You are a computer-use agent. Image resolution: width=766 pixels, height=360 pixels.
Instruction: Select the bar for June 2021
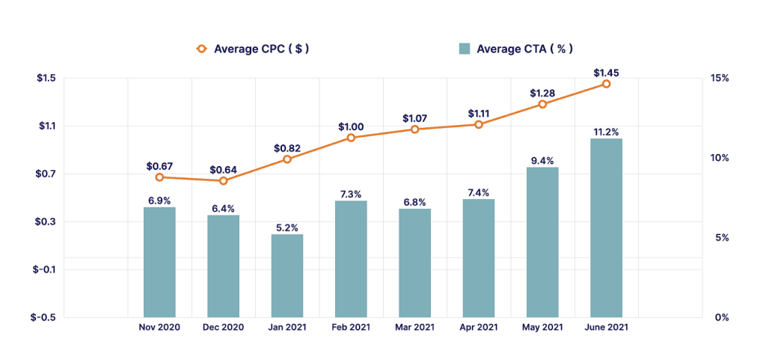coord(606,228)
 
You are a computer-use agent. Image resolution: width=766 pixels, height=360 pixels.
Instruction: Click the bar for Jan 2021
coord(287,275)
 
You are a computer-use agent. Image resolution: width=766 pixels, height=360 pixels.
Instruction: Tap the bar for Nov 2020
coord(159,262)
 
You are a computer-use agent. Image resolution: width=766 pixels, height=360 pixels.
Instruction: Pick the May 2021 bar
coord(542,242)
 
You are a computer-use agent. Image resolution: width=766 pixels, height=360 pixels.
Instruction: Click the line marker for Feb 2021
coord(351,138)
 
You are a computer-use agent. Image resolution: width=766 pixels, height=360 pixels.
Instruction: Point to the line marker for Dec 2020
coord(223,180)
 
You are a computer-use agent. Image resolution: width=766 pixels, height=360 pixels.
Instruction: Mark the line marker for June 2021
coord(606,84)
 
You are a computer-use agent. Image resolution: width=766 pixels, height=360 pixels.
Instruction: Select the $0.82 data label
coord(287,148)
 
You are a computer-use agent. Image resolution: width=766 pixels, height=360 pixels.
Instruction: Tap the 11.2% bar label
coord(606,132)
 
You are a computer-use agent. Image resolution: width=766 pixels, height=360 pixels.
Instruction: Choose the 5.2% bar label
coord(287,227)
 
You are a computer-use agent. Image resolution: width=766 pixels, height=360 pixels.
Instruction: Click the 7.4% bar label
coord(479,192)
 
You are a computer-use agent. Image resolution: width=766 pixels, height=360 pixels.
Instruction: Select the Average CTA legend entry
coord(515,49)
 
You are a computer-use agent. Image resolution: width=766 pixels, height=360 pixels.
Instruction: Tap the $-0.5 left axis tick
coord(43,317)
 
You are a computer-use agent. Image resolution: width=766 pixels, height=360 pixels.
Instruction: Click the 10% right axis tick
coord(720,158)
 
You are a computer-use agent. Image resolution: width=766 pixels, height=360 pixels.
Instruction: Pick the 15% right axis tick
coord(720,79)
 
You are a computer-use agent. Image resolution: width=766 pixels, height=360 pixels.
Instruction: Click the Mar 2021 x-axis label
coord(414,328)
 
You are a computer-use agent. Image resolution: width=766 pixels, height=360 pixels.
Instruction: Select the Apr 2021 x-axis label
coord(479,328)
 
